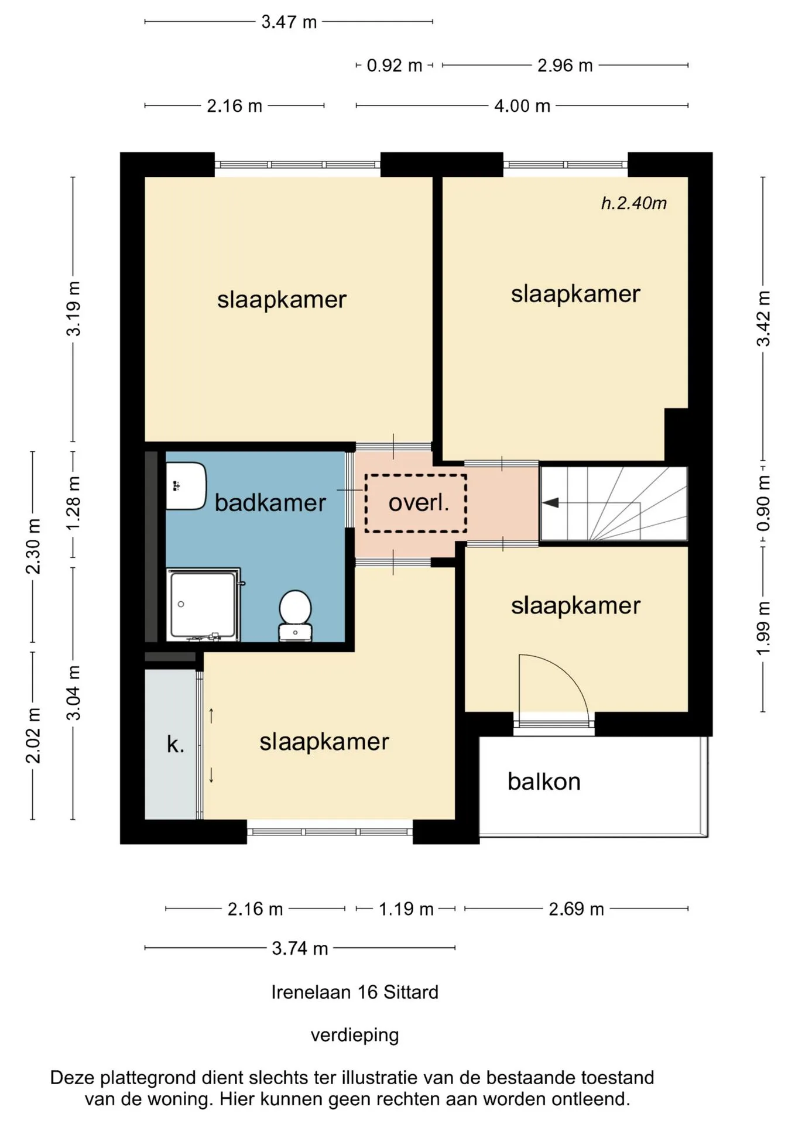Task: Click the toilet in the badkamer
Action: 295,615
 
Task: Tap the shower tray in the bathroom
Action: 203,605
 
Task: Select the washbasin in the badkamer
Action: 186,486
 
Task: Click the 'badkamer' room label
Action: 270,503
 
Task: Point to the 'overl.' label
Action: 419,502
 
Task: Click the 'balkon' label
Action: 544,782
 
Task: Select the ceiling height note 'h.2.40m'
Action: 634,203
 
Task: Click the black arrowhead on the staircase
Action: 550,503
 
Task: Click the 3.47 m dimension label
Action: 289,22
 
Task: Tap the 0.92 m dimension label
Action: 395,66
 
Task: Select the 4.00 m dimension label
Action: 522,106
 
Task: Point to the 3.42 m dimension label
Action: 763,318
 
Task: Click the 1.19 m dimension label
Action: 406,909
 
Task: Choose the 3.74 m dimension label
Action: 300,948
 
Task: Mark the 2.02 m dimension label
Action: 34,736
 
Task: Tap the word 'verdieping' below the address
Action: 355,1035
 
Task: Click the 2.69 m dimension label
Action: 576,909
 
